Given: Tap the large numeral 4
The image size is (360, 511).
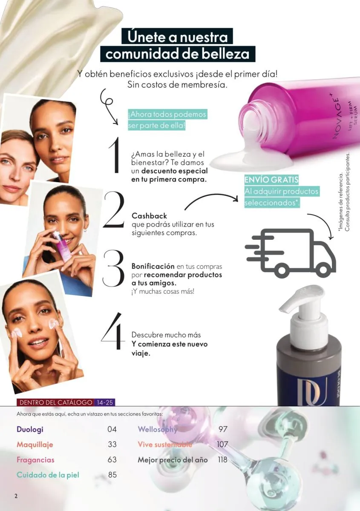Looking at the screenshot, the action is coord(113,331).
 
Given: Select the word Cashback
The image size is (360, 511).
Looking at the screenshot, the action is coord(149,216).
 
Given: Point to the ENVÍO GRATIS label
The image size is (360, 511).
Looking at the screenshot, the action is coord(271,180).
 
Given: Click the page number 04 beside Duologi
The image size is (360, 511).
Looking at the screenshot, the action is coord(112,429).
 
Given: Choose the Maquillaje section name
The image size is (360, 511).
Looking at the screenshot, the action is coord(35,445).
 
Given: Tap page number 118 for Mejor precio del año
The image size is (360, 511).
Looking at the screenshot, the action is coord(222,459).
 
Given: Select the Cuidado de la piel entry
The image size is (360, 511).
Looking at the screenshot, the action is coord(48,475).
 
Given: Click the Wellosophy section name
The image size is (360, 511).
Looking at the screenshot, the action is coord(157,430).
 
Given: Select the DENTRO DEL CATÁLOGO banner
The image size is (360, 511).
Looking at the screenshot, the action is coord(55,402).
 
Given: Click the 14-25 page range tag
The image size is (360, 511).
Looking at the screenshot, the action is coord(105,402).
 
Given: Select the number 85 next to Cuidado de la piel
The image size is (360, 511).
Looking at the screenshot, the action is coord(112,475).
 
